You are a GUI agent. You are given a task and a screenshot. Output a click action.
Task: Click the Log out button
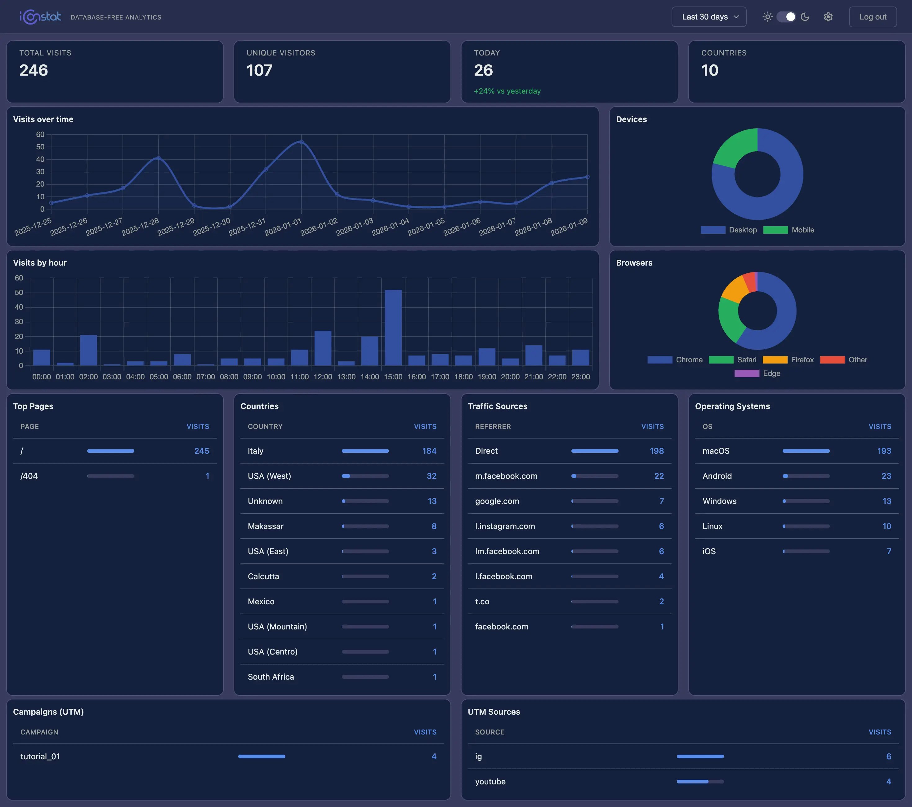click(x=872, y=17)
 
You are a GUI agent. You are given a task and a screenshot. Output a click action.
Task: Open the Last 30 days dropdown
click(x=709, y=17)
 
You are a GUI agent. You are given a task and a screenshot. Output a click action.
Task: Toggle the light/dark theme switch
click(x=786, y=17)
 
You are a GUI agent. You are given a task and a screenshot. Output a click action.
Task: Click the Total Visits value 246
click(x=34, y=70)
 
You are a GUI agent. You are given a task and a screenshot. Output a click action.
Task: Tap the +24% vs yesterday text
click(x=507, y=91)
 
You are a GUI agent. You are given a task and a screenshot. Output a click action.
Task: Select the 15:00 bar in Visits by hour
click(x=393, y=328)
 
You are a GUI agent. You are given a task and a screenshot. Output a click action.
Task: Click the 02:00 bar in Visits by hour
click(x=88, y=351)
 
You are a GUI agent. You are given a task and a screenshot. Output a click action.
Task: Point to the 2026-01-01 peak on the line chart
click(x=301, y=142)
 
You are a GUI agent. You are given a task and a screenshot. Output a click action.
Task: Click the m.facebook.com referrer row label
click(x=506, y=476)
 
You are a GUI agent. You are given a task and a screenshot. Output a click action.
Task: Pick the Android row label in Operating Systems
click(x=717, y=476)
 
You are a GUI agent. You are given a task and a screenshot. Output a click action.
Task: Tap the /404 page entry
click(x=29, y=476)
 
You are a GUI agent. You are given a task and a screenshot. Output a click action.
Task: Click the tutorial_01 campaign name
click(x=40, y=756)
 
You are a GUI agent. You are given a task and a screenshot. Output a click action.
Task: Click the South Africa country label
click(x=270, y=677)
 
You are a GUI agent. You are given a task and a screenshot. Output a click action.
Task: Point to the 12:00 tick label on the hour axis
click(x=323, y=377)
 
